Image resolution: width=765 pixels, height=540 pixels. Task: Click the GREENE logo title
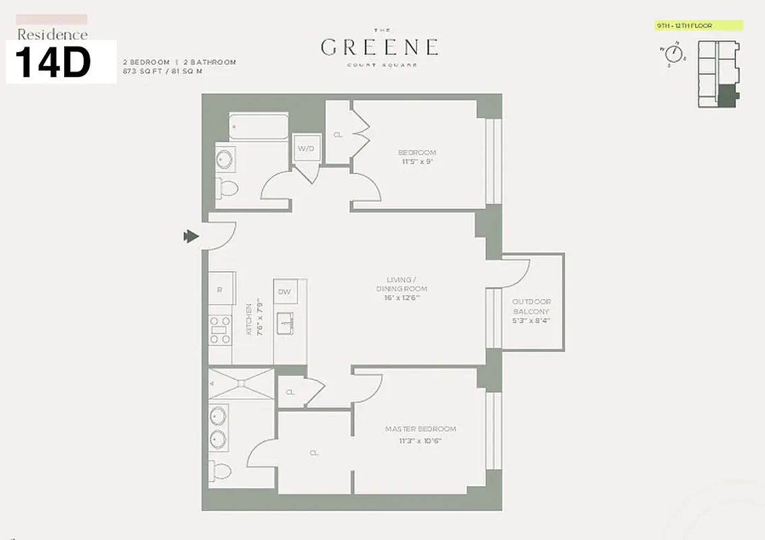click(379, 47)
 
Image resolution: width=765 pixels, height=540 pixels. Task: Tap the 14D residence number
click(53, 63)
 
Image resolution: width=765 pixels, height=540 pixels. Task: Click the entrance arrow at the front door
click(191, 236)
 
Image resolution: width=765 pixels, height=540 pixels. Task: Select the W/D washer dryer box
click(306, 148)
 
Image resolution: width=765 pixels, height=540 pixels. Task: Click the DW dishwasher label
click(284, 292)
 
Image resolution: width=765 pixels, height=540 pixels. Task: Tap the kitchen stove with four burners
click(220, 330)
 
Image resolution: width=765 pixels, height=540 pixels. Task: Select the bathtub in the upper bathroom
click(258, 126)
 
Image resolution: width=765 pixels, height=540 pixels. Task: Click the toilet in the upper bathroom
click(228, 188)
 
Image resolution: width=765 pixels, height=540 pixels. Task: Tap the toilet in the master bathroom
click(220, 470)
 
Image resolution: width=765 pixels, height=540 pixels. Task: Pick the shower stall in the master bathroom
click(241, 383)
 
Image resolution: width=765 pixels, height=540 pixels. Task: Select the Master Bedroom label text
click(420, 429)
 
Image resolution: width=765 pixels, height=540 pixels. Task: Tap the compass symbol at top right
click(673, 55)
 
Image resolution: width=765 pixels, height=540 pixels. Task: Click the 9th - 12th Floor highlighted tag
click(698, 26)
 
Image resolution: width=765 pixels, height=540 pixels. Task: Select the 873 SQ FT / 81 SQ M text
click(162, 70)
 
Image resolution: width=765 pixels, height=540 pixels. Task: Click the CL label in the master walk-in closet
click(314, 453)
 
